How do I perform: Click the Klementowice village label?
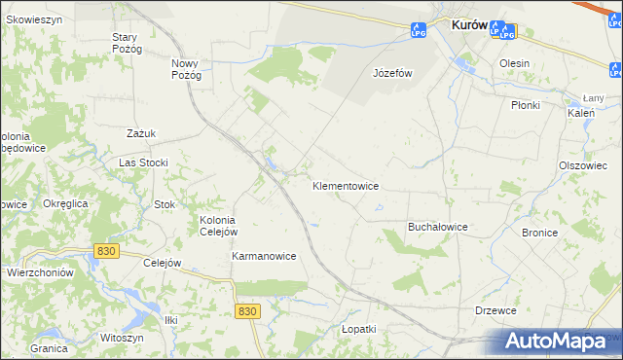(345, 185)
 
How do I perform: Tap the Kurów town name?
(469, 26)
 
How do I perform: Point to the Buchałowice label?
(437, 227)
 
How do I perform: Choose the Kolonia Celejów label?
(218, 226)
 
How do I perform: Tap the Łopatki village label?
(358, 329)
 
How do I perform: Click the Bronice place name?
(539, 233)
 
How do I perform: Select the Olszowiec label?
(583, 165)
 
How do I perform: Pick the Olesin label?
(514, 63)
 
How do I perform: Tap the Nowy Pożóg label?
(185, 69)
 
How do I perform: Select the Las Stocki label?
(143, 162)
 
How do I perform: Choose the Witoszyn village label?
(122, 337)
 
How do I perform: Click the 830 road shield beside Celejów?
(107, 251)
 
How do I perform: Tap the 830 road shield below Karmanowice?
(247, 310)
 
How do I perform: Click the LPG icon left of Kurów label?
(418, 31)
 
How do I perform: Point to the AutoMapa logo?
(559, 342)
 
